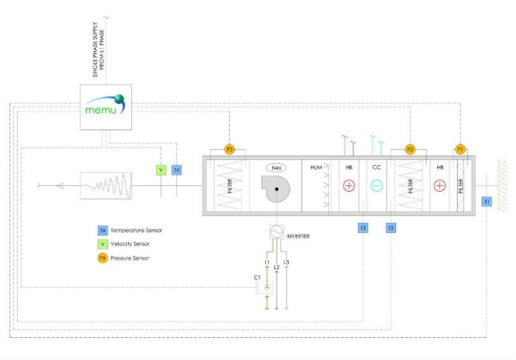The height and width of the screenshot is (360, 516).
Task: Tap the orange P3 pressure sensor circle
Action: pos(229,150)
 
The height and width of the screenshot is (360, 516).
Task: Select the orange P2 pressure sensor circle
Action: pos(411,150)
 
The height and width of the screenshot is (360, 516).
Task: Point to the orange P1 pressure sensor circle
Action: pos(461,149)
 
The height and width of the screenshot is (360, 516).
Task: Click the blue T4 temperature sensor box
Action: pos(176,170)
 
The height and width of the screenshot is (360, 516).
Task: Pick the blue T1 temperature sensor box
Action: pos(487,201)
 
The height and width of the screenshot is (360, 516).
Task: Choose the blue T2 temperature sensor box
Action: pos(391,228)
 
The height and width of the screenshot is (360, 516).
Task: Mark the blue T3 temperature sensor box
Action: pos(363,228)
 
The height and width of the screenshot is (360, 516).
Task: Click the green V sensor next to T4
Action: pos(161,170)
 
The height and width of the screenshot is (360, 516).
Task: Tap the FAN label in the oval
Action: pos(276,168)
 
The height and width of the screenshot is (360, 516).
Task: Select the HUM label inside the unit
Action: pos(317,168)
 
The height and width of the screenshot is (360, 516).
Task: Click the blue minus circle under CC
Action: pos(377,186)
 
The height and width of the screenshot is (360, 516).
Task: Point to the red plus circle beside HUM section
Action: pos(349,186)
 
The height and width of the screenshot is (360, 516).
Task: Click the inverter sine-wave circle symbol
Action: pos(276,231)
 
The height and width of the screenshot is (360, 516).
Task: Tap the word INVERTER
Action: pos(298,236)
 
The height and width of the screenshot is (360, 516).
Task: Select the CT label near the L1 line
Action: pos(257,277)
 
